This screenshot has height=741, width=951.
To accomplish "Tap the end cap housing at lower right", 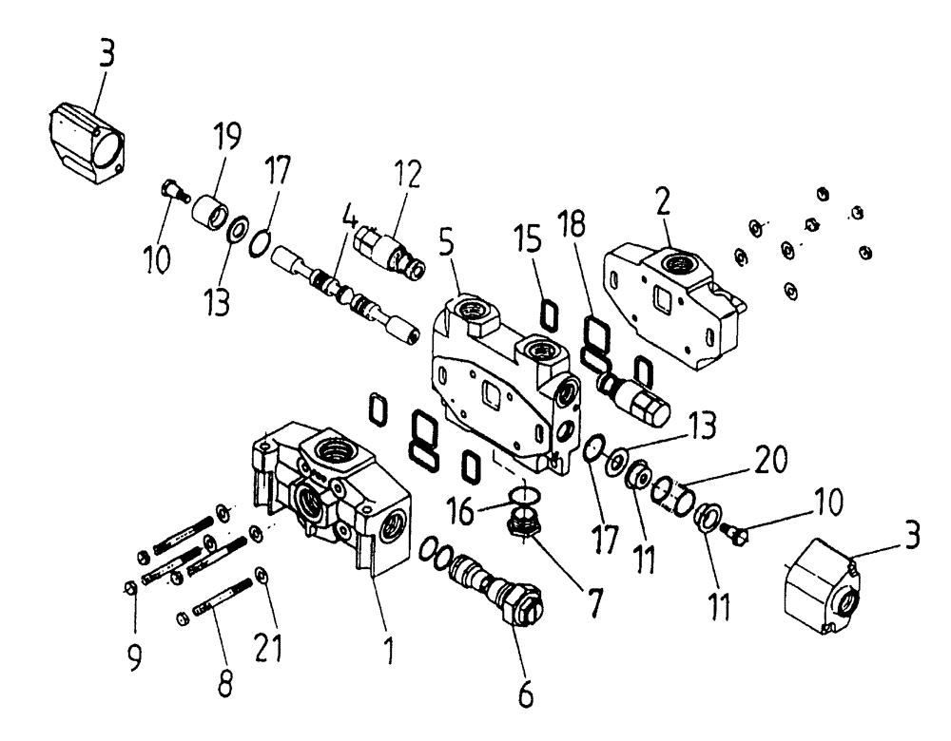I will [x=820, y=584].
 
